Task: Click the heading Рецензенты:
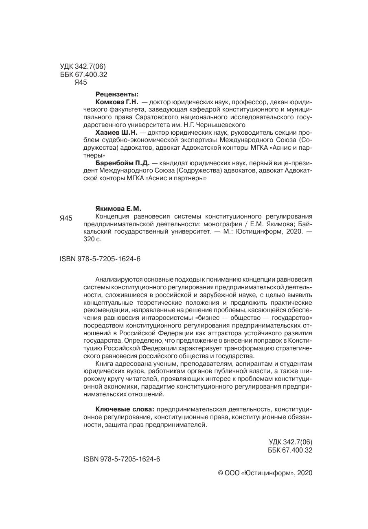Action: (x=116, y=94)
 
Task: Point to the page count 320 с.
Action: (x=92, y=239)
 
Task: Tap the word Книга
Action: (x=103, y=363)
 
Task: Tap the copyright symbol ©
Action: (x=221, y=473)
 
